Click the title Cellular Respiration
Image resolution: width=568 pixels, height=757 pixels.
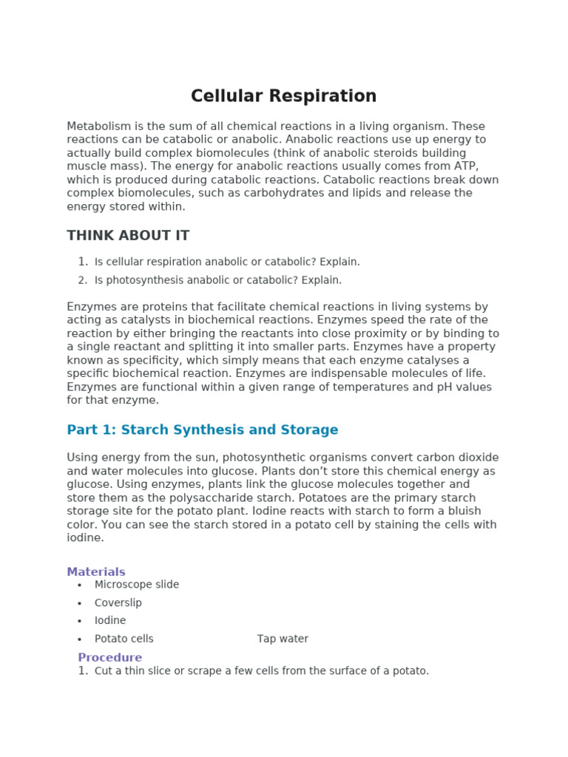point(283,96)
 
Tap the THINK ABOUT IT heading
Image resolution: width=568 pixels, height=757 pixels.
point(128,236)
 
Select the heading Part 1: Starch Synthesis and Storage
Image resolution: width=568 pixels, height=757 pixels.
point(202,430)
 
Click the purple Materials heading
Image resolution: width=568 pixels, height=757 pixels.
point(96,571)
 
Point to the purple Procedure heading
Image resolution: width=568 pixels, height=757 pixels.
point(109,657)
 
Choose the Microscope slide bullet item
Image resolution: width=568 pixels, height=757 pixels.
point(137,584)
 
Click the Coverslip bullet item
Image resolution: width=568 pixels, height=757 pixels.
point(118,602)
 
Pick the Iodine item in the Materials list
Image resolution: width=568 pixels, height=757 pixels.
point(110,620)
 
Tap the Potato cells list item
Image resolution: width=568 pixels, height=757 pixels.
point(124,639)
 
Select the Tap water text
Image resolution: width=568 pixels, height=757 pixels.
point(283,639)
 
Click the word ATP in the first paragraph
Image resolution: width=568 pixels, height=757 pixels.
point(466,166)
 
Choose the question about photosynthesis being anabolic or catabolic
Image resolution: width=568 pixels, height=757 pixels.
point(218,280)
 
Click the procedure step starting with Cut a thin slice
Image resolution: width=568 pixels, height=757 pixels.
point(262,671)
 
